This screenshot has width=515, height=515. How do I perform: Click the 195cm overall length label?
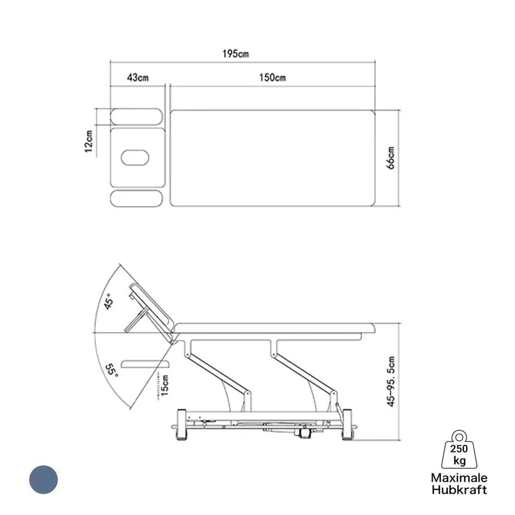click(236, 54)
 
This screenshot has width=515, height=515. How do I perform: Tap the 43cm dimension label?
click(138, 78)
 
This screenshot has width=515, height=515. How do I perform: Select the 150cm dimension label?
click(273, 78)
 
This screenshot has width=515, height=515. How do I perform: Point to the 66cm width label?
click(391, 158)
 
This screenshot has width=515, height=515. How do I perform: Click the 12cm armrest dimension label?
click(88, 141)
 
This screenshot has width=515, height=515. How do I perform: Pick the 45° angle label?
click(109, 301)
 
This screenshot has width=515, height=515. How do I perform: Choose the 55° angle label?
click(112, 370)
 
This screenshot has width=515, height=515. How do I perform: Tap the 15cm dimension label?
click(165, 385)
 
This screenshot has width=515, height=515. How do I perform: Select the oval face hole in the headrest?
click(135, 158)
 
